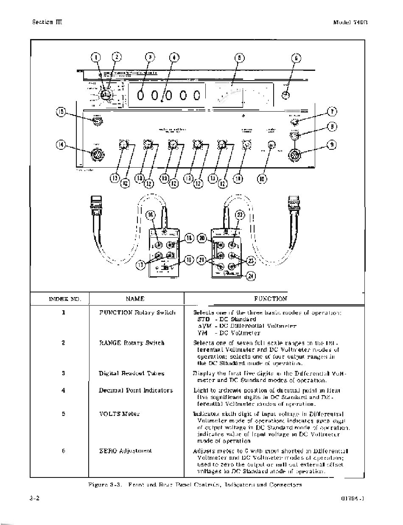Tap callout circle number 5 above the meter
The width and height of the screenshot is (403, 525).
click(x=240, y=58)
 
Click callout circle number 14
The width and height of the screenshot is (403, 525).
click(x=62, y=145)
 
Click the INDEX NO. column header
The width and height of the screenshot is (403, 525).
click(x=64, y=299)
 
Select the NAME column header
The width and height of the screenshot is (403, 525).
click(x=135, y=299)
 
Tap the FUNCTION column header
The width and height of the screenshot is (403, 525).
click(x=270, y=299)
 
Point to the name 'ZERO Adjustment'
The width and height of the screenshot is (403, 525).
click(x=125, y=451)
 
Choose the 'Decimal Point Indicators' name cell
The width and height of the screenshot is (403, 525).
click(x=136, y=390)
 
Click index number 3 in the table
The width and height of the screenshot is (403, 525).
click(x=63, y=373)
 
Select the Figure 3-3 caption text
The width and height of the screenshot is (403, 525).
click(x=195, y=484)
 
